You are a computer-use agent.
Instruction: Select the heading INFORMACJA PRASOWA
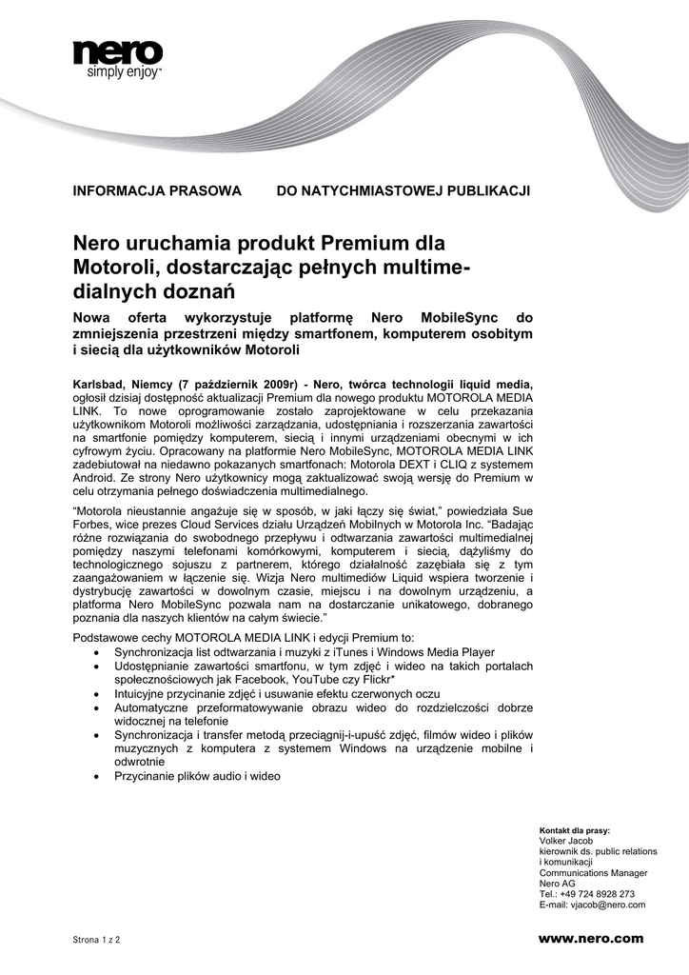[158, 190]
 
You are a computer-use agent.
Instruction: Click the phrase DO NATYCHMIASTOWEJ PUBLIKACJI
[403, 190]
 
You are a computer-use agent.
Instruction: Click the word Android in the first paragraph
[98, 477]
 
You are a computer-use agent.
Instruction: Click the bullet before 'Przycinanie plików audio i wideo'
[100, 777]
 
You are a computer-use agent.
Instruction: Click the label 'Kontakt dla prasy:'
[575, 829]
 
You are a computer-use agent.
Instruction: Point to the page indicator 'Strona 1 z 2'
[97, 940]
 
